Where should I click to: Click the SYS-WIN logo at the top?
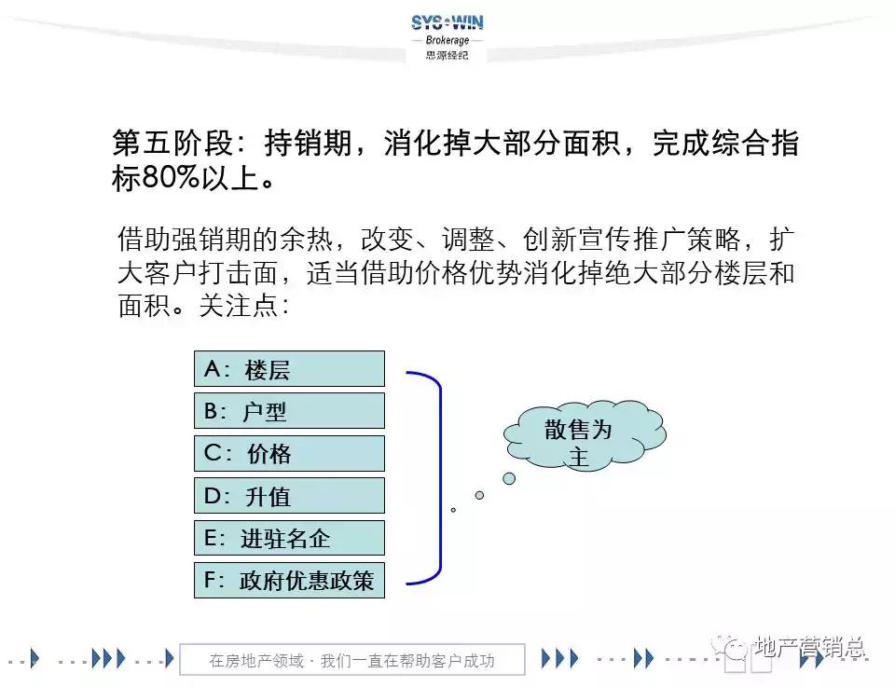[x=447, y=23]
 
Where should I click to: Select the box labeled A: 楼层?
[x=289, y=368]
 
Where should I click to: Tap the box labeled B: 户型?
[x=289, y=410]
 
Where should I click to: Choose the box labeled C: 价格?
[x=289, y=453]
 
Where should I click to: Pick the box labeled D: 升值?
[x=289, y=496]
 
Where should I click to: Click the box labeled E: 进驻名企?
[x=289, y=538]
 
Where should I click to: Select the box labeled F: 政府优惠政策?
[x=289, y=580]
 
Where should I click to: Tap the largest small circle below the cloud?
[x=509, y=478]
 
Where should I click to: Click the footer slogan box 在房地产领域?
[x=351, y=660]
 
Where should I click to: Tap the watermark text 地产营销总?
[x=809, y=647]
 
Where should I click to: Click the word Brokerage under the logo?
[x=447, y=41]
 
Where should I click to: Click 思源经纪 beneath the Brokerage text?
[x=447, y=55]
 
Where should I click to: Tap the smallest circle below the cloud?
[x=453, y=510]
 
